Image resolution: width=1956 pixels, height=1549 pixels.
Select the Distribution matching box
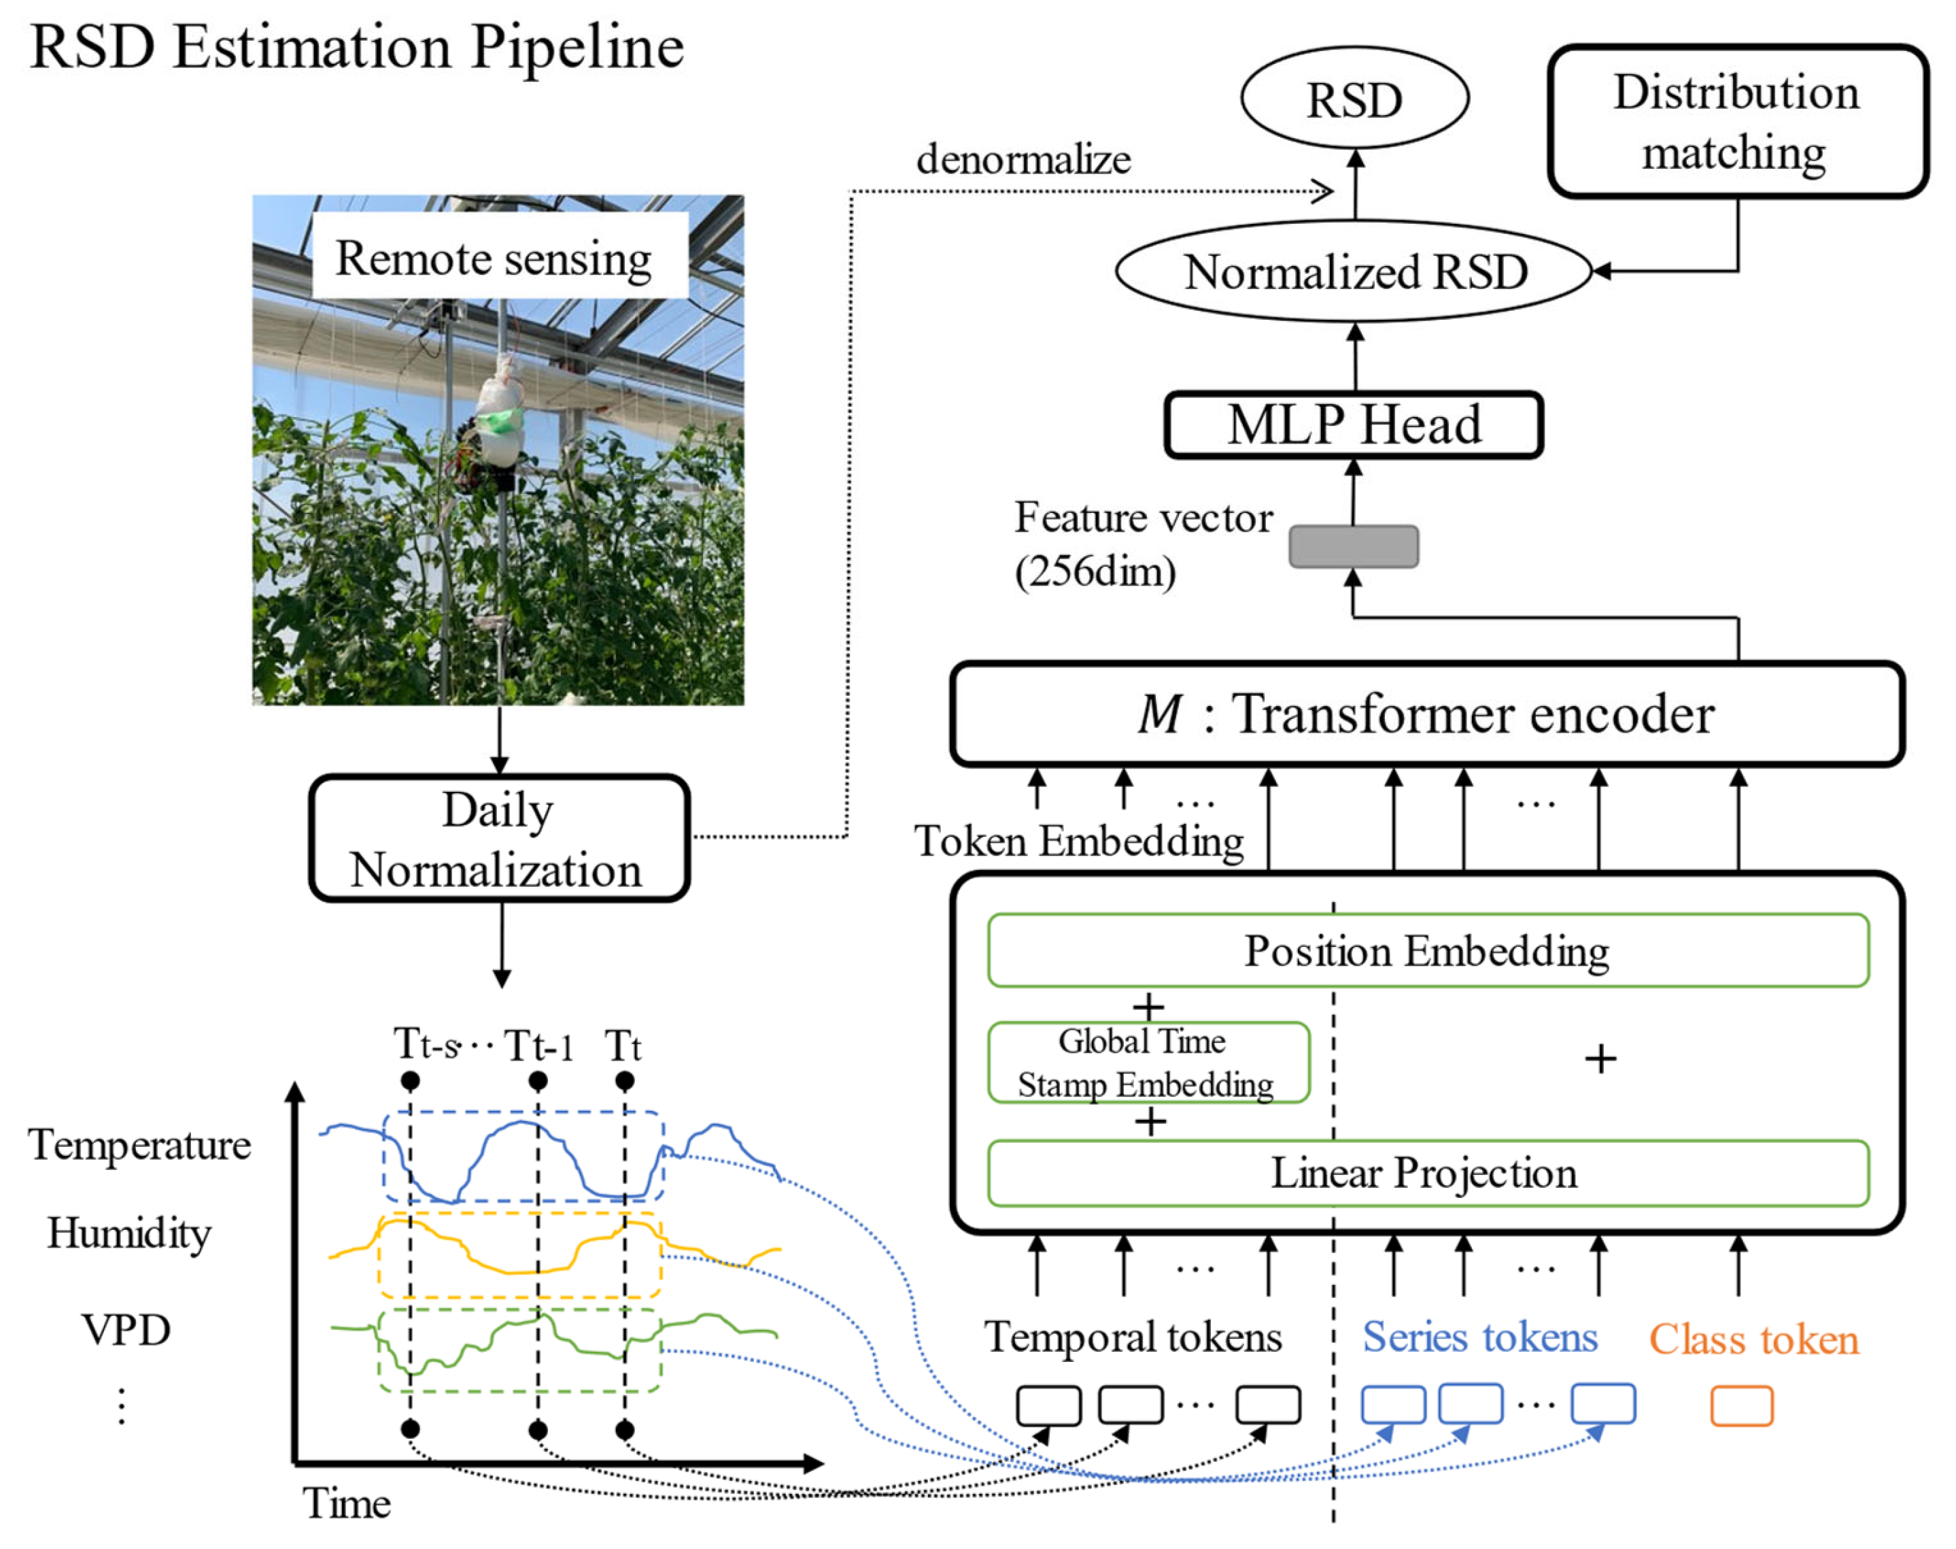click(x=1736, y=122)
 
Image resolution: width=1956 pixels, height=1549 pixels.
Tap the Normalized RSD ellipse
click(x=1354, y=271)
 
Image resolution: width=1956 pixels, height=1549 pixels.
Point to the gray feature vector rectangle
click(x=1353, y=547)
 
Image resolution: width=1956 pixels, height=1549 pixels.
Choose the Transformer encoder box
click(x=1426, y=714)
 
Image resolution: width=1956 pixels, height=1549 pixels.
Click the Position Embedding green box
click(x=1426, y=950)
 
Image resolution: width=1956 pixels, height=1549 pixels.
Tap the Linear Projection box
click(x=1426, y=1173)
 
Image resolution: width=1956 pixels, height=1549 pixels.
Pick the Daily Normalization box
click(x=498, y=838)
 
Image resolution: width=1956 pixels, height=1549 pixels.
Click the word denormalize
click(x=1023, y=160)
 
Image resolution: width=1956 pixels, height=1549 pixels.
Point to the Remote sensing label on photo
click(x=495, y=258)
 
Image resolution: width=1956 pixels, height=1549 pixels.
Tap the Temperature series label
click(x=139, y=1144)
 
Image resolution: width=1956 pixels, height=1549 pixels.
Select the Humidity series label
click(x=130, y=1233)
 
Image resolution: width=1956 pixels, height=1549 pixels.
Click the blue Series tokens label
click(x=1479, y=1337)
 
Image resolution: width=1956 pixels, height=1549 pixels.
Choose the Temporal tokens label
click(x=1133, y=1337)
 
